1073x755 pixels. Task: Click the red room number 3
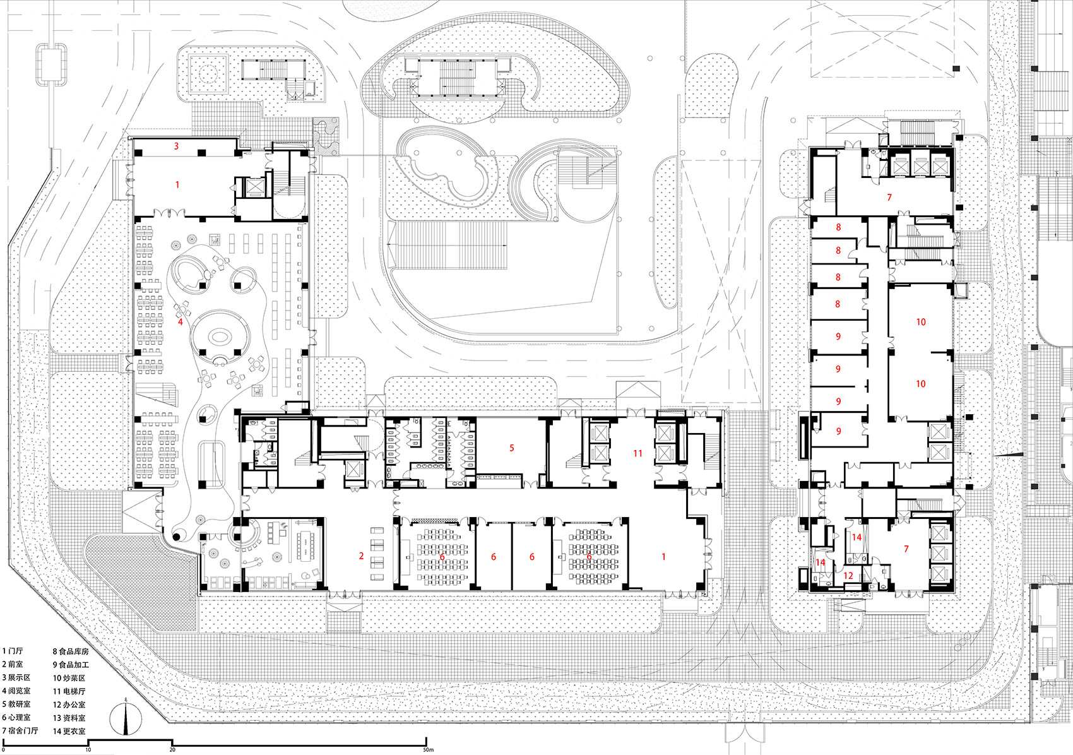pos(176,146)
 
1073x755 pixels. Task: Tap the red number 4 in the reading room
pos(181,321)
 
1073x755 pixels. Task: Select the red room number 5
pos(512,448)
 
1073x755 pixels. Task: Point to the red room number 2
pos(361,556)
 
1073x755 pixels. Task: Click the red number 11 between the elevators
pos(637,453)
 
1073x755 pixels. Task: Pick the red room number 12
pos(848,575)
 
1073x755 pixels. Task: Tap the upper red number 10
pos(921,322)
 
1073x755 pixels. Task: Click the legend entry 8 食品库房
pos(71,651)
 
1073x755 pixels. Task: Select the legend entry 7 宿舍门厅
pos(20,730)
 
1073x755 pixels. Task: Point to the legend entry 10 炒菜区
pos(69,678)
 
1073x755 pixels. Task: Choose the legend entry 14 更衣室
pos(69,731)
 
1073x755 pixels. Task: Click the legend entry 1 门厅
pos(13,651)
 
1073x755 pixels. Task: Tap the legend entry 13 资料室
pos(69,718)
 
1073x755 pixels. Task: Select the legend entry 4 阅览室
pos(16,691)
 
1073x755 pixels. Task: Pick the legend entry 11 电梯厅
pos(69,691)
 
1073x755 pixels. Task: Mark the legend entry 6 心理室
pos(16,717)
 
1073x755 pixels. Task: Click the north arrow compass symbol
pos(126,718)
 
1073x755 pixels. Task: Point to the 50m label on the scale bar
pos(428,750)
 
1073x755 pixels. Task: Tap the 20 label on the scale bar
pos(172,750)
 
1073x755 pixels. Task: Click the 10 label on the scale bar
pos(88,750)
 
